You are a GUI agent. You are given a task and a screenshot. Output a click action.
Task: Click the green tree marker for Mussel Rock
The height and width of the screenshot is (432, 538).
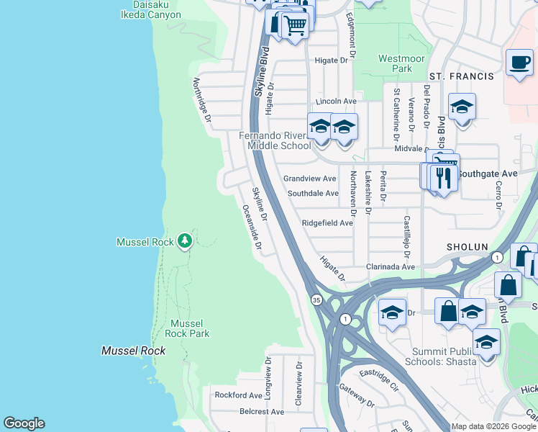(x=185, y=240)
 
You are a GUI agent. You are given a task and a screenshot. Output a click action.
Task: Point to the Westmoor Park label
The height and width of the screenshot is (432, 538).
(x=396, y=63)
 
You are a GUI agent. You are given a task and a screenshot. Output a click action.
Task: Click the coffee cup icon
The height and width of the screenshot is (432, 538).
(x=519, y=62)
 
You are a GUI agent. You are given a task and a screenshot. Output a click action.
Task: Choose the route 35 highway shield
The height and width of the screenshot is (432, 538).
(x=316, y=299)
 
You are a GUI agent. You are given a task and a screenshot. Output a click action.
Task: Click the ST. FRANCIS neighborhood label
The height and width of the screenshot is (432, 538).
(x=461, y=76)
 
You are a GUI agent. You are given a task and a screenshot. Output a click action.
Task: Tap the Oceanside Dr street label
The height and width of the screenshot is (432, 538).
(x=251, y=226)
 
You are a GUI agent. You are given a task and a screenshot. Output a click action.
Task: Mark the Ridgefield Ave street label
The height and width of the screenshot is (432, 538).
(x=327, y=223)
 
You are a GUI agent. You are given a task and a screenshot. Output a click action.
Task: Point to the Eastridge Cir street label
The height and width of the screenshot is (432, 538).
(x=378, y=379)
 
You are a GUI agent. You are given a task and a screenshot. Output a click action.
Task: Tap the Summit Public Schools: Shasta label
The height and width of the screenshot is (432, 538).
(x=443, y=356)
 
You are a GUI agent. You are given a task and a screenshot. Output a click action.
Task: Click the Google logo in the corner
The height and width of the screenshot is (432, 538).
(x=24, y=423)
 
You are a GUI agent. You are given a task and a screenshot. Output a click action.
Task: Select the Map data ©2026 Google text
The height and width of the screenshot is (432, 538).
(x=493, y=426)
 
